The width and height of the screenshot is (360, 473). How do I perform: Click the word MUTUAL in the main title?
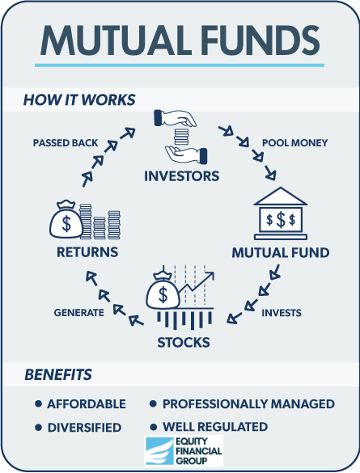click(x=116, y=40)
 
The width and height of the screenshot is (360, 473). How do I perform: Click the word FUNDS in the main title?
click(x=260, y=40)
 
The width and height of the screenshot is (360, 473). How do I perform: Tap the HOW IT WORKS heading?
click(x=79, y=99)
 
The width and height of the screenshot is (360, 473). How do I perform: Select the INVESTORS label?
click(x=182, y=176)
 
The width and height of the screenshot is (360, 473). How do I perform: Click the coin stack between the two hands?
click(x=181, y=137)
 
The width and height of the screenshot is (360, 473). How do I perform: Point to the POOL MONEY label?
click(x=294, y=142)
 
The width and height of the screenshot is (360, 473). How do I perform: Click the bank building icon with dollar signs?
click(x=281, y=213)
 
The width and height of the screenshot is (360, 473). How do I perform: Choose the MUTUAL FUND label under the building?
click(x=281, y=252)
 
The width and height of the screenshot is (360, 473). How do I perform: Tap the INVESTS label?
click(x=282, y=313)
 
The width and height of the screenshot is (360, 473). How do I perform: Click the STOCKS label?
click(x=184, y=342)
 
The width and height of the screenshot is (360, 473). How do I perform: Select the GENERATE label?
click(x=79, y=313)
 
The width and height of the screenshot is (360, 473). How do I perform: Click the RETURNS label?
click(x=87, y=252)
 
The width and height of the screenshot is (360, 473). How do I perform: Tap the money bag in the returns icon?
click(x=66, y=219)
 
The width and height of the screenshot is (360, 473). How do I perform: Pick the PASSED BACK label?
click(x=66, y=142)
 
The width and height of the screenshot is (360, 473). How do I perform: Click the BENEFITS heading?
click(x=58, y=374)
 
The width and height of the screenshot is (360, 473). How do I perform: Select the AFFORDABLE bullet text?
click(x=87, y=404)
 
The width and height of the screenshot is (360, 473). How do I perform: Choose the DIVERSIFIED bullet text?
click(x=84, y=428)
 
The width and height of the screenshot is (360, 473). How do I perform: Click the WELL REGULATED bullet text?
click(x=215, y=427)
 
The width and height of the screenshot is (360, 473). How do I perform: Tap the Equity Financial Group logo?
click(x=184, y=451)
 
